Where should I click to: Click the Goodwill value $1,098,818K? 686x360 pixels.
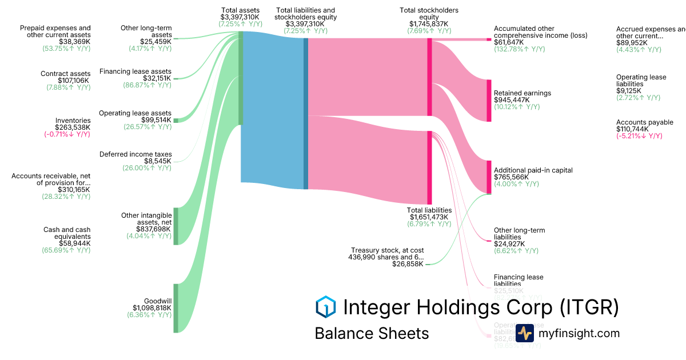pyautogui.click(x=152, y=307)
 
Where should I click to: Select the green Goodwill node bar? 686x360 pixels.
pyautogui.click(x=176, y=307)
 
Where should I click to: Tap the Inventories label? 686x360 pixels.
pyautogui.click(x=73, y=120)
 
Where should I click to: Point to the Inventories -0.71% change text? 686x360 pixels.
pyautogui.click(x=67, y=134)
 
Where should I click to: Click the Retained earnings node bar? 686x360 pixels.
pyautogui.click(x=489, y=101)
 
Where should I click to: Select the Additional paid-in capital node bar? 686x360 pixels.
pyautogui.click(x=489, y=177)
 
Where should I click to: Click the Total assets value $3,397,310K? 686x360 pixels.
pyautogui.click(x=240, y=17)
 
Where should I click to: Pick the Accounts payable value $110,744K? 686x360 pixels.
pyautogui.click(x=632, y=129)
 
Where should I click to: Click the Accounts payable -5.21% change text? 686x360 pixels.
pyautogui.click(x=639, y=136)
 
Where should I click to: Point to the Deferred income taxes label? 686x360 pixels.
pyautogui.click(x=135, y=154)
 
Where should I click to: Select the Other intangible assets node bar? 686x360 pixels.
pyautogui.click(x=176, y=226)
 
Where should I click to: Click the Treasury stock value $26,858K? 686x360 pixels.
pyautogui.click(x=408, y=264)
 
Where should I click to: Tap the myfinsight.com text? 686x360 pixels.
pyautogui.click(x=579, y=333)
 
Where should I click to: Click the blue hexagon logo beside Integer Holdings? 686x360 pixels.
pyautogui.click(x=325, y=307)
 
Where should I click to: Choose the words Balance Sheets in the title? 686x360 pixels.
pyautogui.click(x=372, y=333)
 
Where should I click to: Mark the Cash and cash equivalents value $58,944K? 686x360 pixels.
pyautogui.click(x=74, y=243)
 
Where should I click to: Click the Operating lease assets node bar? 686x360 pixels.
pyautogui.click(x=176, y=120)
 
